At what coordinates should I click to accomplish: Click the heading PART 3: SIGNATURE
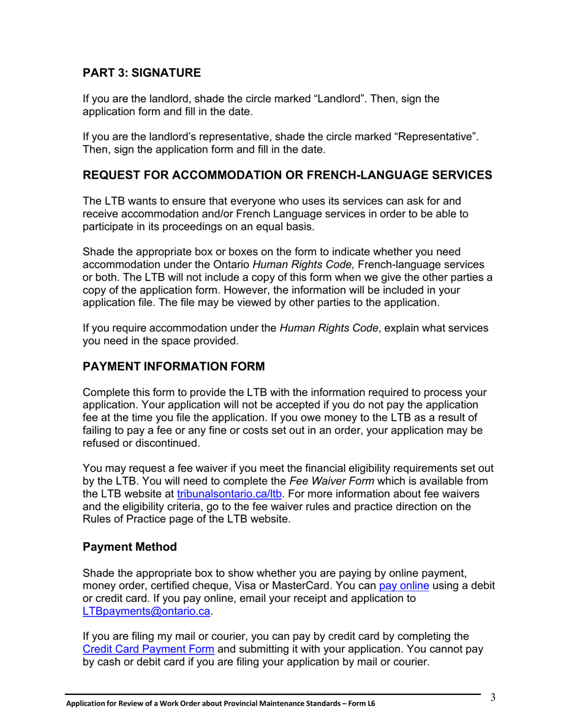(x=141, y=73)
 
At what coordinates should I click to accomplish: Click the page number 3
(x=492, y=697)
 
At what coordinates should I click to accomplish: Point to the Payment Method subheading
(x=130, y=547)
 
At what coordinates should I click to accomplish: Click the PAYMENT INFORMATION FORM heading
(x=173, y=366)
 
